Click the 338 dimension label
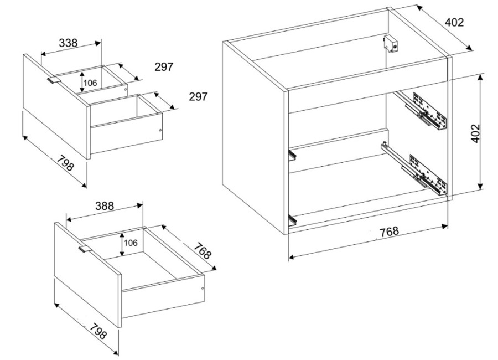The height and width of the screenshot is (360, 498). coord(68,43)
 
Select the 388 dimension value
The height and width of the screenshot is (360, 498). coord(105,206)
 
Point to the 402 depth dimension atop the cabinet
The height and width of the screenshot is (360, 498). coord(454,22)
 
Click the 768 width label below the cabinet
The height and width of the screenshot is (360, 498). coord(389,231)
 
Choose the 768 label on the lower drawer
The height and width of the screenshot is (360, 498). coord(202,251)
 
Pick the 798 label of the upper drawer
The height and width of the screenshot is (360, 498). coord(66,162)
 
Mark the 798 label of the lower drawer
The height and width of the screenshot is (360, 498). coord(98,331)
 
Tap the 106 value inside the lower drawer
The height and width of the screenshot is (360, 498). coord(131,243)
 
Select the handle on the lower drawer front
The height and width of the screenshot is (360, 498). coord(85,249)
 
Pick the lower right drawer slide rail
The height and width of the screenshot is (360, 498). coord(414,168)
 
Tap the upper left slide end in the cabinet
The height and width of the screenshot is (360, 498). coord(292,155)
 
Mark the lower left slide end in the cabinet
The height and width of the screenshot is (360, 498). coord(293,220)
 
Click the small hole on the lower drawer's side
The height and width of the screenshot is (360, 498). coord(203,289)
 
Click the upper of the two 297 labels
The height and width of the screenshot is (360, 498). coord(164,67)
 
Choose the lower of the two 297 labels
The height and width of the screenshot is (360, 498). coord(198,96)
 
